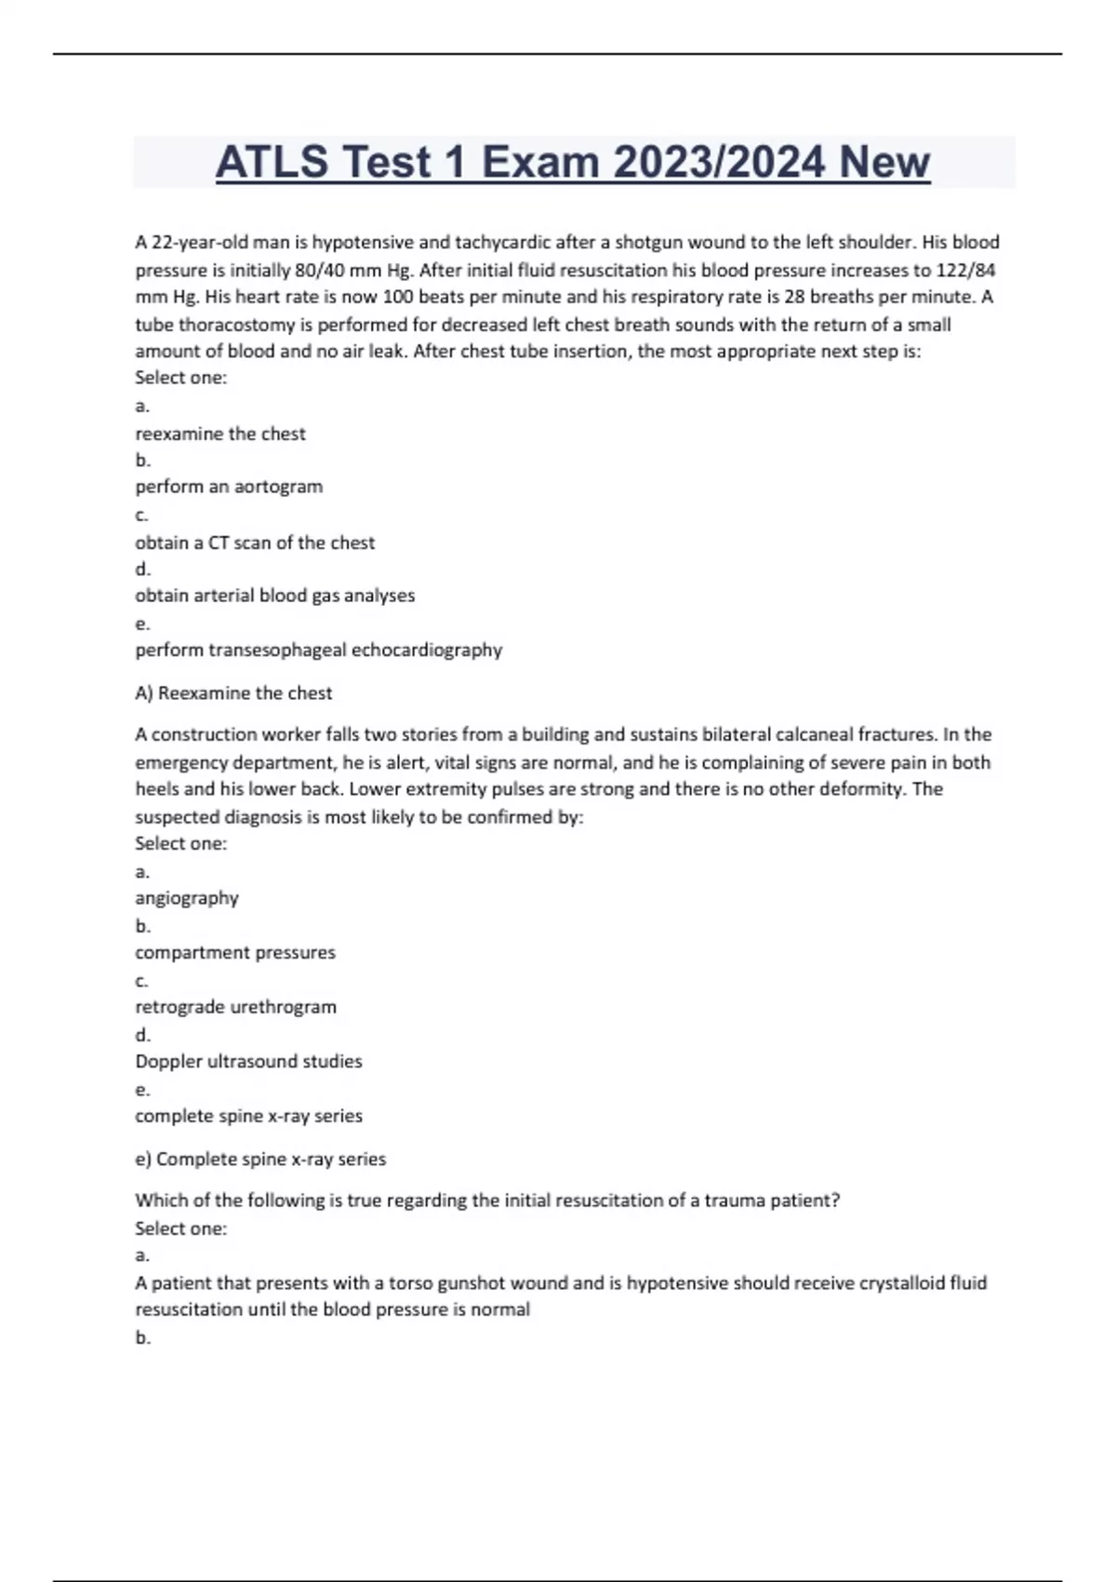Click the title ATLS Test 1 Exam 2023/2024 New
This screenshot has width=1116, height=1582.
(573, 162)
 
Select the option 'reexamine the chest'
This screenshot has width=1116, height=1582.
(220, 434)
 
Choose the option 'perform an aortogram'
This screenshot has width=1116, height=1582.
(229, 487)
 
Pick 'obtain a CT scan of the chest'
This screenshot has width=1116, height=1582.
(255, 543)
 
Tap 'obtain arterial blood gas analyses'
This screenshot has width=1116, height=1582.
(275, 596)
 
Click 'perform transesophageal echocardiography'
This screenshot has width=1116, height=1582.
(318, 650)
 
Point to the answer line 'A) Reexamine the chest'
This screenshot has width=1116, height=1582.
(233, 693)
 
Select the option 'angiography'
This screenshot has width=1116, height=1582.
(187, 898)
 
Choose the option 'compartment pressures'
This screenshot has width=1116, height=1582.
(235, 953)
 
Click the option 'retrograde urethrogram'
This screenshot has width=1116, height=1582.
(236, 1007)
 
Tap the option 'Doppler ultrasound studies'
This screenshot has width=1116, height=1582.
(248, 1062)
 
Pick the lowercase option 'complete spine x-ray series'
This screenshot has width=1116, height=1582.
(248, 1116)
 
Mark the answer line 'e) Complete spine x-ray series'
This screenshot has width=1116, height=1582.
(260, 1160)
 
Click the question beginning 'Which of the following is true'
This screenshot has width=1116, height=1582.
(487, 1200)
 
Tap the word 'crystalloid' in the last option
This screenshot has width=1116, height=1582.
(901, 1283)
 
